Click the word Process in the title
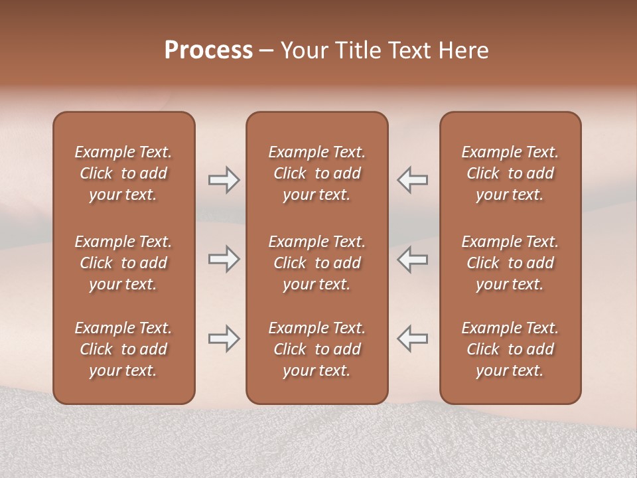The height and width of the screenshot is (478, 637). [208, 50]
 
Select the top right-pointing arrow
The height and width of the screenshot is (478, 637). [224, 180]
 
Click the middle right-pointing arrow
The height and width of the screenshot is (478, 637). [224, 259]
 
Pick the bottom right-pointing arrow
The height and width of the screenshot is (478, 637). [224, 339]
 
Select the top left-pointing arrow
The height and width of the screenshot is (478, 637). [412, 180]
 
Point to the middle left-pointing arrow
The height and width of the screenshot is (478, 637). [412, 259]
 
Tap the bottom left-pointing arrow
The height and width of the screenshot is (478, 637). [412, 339]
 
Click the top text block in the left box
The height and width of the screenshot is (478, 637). [123, 173]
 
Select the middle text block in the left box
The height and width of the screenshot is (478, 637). [123, 263]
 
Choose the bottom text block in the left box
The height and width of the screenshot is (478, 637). [123, 349]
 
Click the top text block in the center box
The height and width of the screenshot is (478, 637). [317, 173]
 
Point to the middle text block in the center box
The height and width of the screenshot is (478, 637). [317, 263]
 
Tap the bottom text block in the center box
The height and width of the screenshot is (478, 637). [317, 349]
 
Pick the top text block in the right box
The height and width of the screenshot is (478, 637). [510, 173]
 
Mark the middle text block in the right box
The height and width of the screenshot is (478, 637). [510, 263]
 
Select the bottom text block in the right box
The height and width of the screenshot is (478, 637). [510, 349]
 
